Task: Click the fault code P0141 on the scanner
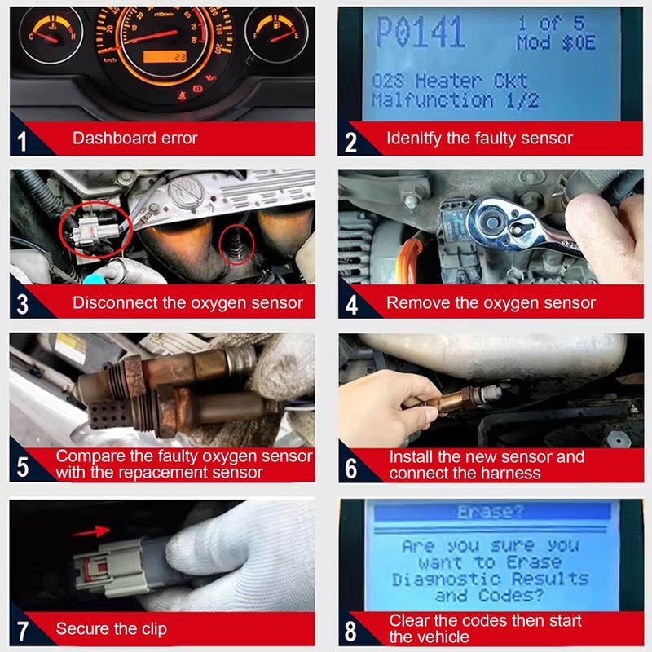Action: point(420,32)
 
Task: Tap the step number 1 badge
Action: point(22,141)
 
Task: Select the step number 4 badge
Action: point(351,305)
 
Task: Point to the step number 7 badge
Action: point(23,631)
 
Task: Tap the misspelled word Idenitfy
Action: point(414,139)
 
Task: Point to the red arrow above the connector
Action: point(90,531)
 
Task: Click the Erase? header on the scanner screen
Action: point(491,512)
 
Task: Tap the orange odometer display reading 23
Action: point(165,56)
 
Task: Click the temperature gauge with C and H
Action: point(51,34)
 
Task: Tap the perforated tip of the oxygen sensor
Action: point(108,415)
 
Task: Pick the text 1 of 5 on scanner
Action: point(552,24)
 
